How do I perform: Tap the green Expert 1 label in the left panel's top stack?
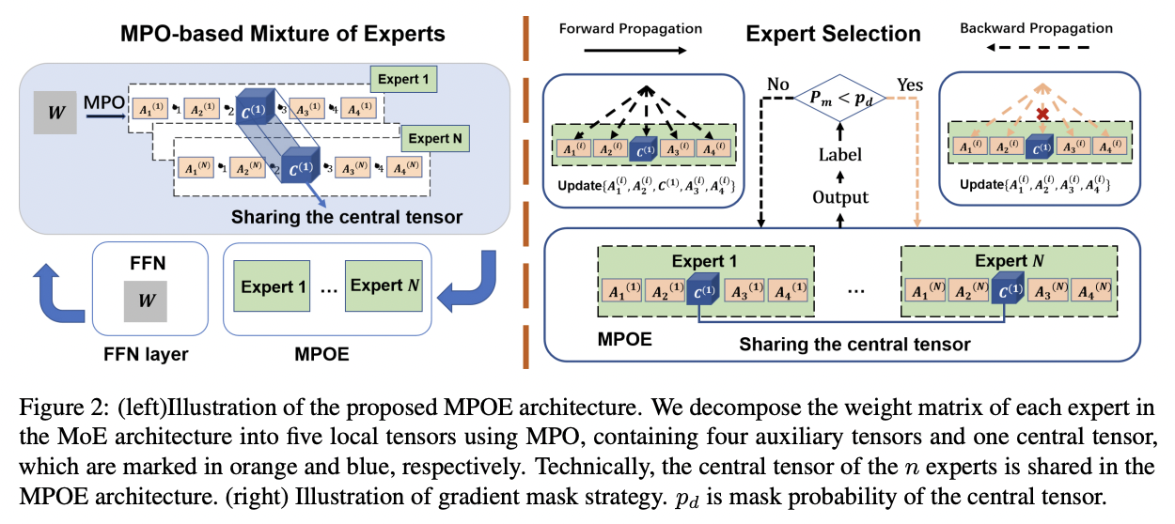(404, 80)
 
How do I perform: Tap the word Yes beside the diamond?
(910, 85)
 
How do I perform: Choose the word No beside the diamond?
(776, 84)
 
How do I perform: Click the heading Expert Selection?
(833, 35)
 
